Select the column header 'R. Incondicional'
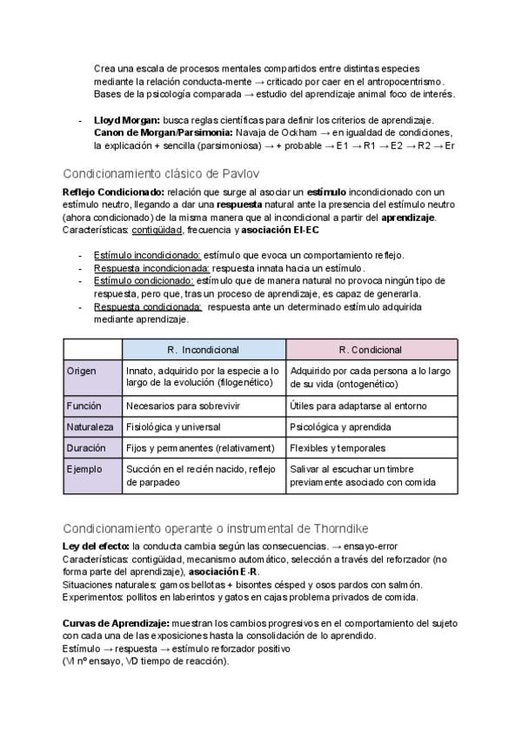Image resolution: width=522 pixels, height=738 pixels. tap(203, 350)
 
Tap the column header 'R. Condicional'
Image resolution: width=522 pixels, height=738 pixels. tap(371, 350)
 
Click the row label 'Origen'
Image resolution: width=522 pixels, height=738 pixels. tap(82, 371)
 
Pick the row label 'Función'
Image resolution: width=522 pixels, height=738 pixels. tap(84, 406)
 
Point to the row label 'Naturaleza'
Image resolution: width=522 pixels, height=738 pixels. tap(90, 427)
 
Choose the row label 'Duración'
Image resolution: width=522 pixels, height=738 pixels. tap(86, 448)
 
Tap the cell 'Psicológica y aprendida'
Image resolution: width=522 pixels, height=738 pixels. tap(341, 427)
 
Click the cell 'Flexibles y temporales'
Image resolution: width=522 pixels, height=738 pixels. tap(338, 448)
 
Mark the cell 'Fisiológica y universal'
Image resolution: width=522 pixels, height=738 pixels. tap(173, 427)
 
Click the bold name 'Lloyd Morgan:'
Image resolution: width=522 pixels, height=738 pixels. tap(128, 119)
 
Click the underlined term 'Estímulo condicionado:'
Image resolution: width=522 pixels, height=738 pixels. tap(144, 281)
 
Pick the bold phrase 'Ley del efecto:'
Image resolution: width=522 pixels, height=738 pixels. tap(96, 546)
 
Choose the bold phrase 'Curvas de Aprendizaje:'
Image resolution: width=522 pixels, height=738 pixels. tap(116, 624)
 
